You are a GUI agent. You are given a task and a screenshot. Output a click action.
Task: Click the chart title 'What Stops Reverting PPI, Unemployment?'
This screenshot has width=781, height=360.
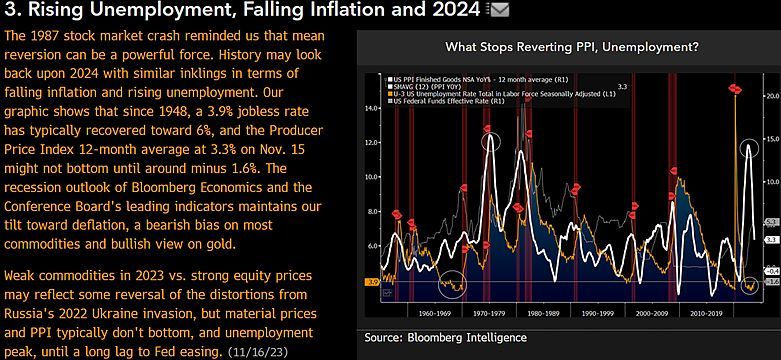click(571, 47)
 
